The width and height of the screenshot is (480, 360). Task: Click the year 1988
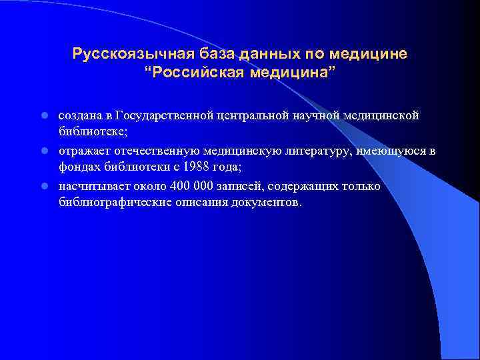[191, 167]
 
